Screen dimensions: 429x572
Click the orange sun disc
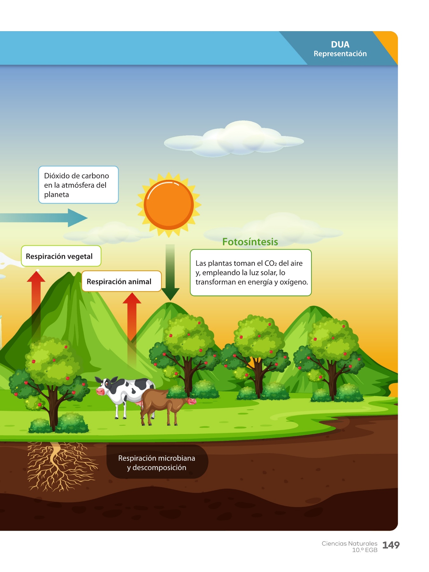(169, 205)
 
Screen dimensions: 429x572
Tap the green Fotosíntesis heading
(250, 242)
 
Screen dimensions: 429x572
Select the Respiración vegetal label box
(61, 256)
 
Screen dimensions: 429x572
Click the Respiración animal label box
(121, 281)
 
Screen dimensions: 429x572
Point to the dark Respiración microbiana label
(157, 462)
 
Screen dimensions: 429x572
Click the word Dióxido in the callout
(57, 176)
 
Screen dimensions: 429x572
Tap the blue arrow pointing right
(44, 218)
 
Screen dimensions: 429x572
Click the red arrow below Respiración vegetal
(36, 305)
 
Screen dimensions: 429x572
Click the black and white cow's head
(104, 386)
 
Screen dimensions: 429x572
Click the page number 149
(391, 545)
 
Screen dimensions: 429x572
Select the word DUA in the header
(340, 44)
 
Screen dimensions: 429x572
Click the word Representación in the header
(340, 54)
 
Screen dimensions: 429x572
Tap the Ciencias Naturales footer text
(349, 543)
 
